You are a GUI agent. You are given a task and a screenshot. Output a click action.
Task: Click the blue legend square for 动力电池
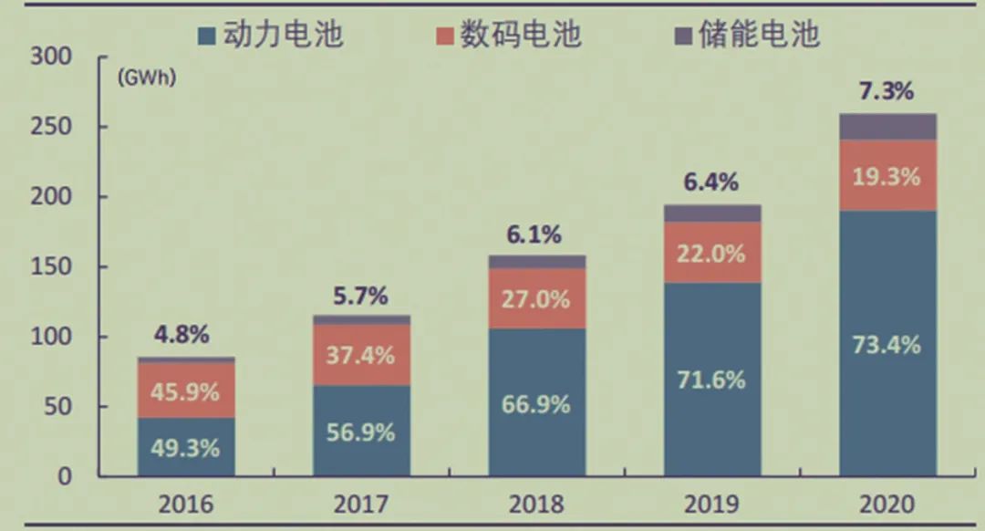(x=207, y=36)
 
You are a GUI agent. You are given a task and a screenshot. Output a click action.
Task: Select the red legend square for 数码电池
(x=445, y=36)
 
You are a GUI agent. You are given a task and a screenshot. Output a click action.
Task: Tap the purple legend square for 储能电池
(x=683, y=36)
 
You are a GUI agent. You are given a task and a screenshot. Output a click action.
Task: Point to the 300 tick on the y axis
(x=51, y=57)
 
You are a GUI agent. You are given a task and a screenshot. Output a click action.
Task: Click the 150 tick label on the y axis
(x=51, y=266)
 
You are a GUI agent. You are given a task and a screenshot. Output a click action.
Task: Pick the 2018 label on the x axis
(x=536, y=504)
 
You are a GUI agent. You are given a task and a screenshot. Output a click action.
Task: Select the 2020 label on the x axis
(x=887, y=504)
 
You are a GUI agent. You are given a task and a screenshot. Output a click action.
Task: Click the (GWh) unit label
(x=146, y=78)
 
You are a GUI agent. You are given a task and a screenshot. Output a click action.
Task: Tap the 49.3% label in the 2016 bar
(x=185, y=448)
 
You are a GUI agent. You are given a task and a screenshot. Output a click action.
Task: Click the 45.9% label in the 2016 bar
(x=185, y=392)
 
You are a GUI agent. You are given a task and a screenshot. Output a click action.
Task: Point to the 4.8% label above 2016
(x=181, y=334)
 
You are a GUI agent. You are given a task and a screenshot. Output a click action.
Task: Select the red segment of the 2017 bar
(x=362, y=354)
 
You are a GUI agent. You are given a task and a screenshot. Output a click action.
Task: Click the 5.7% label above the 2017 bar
(x=360, y=296)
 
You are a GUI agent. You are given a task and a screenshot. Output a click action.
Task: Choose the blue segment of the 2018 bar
(x=537, y=402)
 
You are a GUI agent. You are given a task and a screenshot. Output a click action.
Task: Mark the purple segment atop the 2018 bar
(x=537, y=262)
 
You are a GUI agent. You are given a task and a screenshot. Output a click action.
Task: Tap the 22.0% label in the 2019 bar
(x=711, y=254)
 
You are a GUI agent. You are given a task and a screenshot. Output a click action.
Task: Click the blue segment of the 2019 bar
(x=712, y=379)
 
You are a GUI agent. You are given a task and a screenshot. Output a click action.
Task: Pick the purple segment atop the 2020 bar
(x=887, y=127)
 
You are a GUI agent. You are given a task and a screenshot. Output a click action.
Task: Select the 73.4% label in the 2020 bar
(x=886, y=344)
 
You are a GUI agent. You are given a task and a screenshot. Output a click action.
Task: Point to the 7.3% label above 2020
(x=886, y=92)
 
